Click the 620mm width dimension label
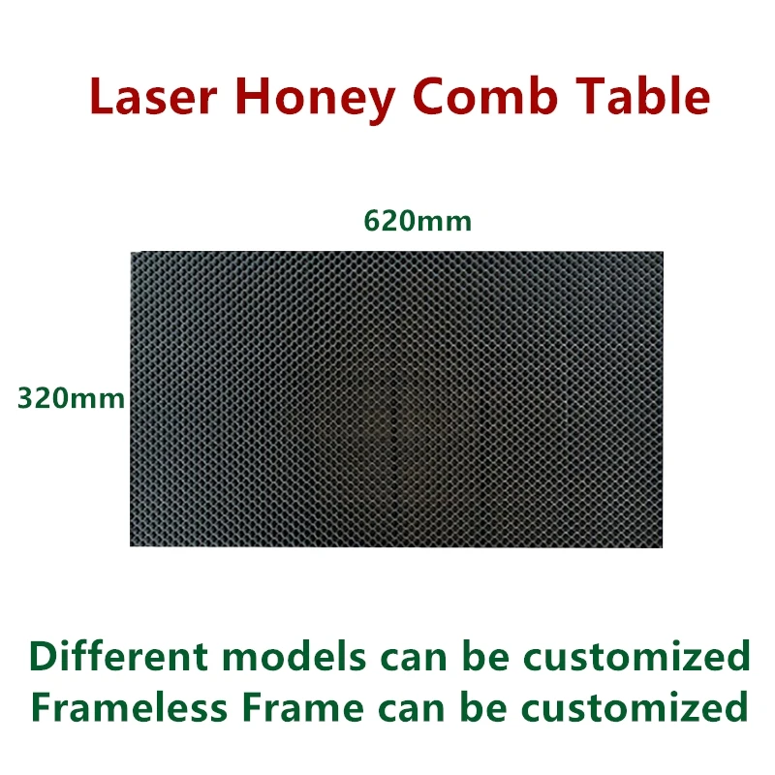click(x=418, y=222)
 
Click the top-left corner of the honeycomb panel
click(x=132, y=254)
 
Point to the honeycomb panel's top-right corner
click(x=663, y=254)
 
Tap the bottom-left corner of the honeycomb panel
click(x=132, y=545)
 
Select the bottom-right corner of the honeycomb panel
click(x=663, y=545)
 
